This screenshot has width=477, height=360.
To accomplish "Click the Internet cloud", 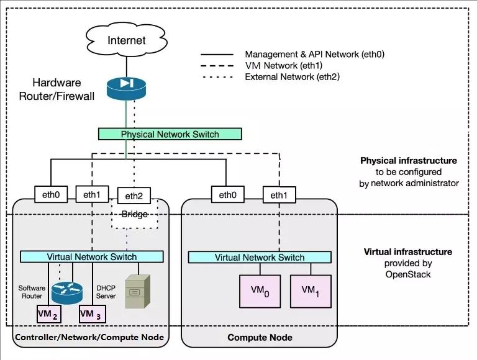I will click(x=127, y=40).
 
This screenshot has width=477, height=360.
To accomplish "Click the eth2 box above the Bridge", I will click(x=134, y=196).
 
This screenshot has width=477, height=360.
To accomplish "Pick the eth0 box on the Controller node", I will click(x=49, y=195).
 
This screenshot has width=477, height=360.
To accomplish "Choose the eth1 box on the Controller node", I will click(x=91, y=194).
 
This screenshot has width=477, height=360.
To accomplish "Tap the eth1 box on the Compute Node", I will click(x=277, y=195).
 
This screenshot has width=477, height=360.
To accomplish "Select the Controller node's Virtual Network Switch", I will click(x=92, y=256).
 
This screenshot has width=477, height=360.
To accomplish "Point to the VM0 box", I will click(x=256, y=290).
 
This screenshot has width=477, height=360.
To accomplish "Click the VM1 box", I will click(x=307, y=290).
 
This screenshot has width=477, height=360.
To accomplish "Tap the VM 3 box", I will click(x=91, y=315).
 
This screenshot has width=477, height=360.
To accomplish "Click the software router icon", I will click(x=66, y=290).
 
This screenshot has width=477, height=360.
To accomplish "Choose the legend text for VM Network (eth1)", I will click(x=282, y=65).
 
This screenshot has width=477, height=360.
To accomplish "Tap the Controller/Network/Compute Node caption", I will click(x=89, y=337).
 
